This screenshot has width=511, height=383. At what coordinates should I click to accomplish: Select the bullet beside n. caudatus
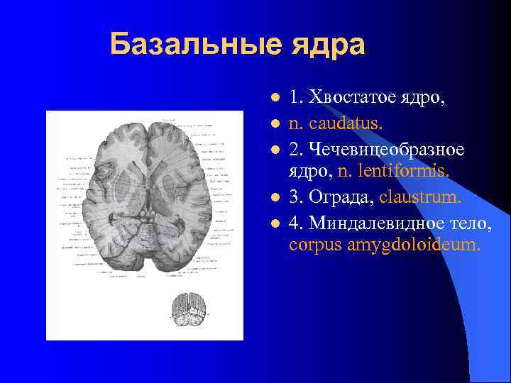[x=274, y=123]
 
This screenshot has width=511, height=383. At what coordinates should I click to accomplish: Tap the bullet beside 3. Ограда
[x=274, y=196]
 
